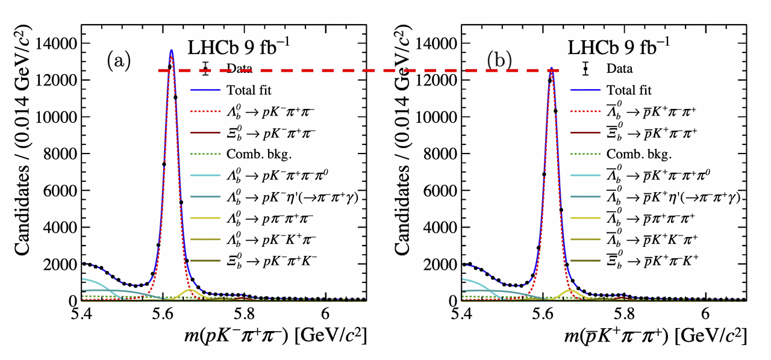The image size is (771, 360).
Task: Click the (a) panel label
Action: [x=118, y=61]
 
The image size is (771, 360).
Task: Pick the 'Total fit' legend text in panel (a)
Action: [x=249, y=91]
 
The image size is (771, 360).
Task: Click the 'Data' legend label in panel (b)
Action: [x=620, y=69]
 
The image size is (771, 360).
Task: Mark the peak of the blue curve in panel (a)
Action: [x=171, y=50]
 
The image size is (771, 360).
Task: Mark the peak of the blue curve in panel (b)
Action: [x=551, y=67]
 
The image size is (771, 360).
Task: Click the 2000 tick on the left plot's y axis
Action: [x=60, y=264]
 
